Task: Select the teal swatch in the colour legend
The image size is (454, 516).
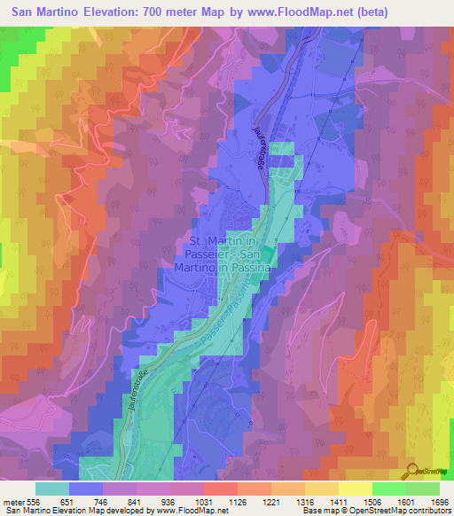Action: click(52, 489)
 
